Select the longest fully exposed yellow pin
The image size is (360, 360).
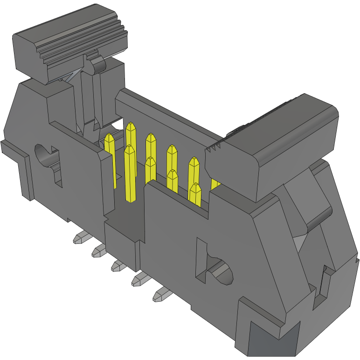130,173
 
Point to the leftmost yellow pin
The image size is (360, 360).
110,159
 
